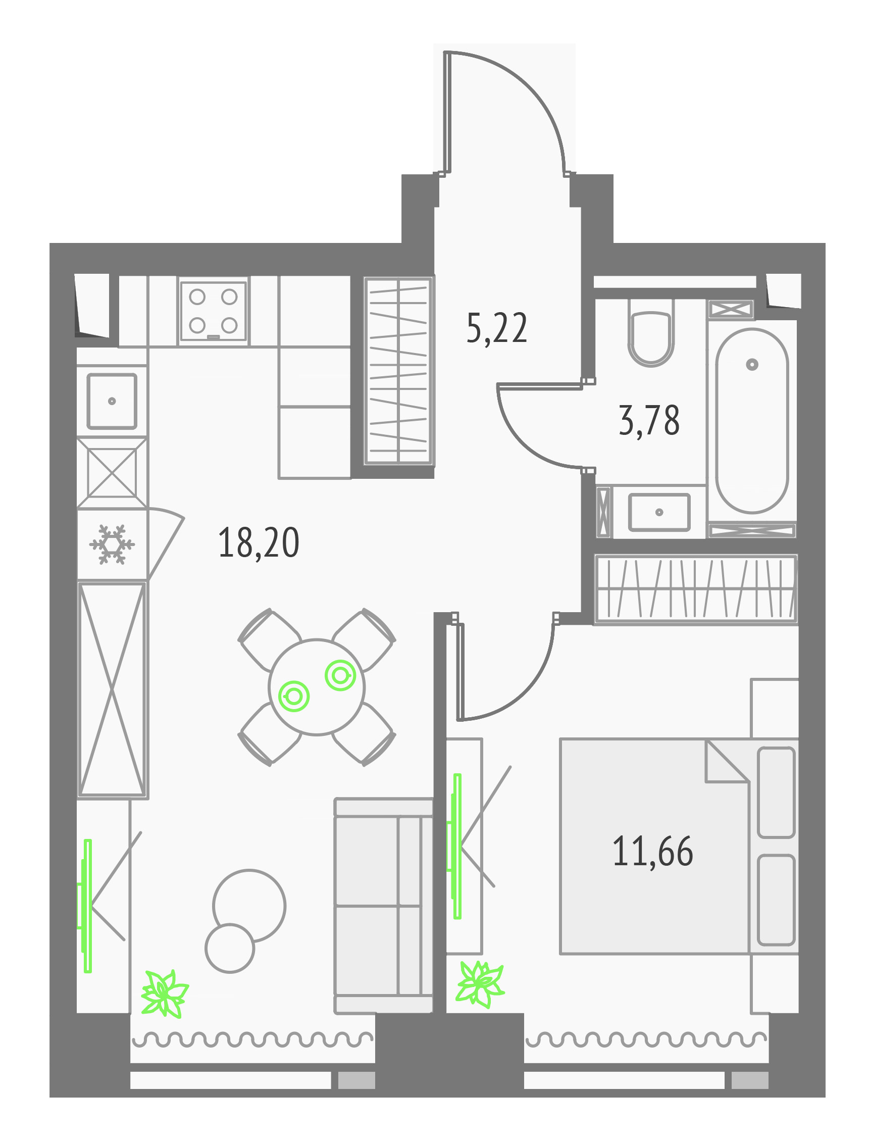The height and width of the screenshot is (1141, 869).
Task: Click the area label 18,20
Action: pos(259,543)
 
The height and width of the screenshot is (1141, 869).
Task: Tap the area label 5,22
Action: pos(496,328)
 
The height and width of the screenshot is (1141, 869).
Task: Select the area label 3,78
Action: pos(649,421)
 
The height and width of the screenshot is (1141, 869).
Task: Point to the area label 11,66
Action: pos(653,851)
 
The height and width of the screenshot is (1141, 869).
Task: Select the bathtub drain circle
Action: pos(752,365)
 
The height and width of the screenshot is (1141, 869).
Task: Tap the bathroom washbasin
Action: pos(659,512)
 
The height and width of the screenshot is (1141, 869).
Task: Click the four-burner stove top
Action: pos(213,311)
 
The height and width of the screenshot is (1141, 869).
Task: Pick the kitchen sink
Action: pos(112,401)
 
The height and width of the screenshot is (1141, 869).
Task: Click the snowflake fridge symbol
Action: pos(112,544)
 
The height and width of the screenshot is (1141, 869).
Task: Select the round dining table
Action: pos(317,687)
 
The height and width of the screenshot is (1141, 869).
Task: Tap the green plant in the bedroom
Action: pos(480,984)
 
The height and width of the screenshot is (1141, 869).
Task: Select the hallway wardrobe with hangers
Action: pos(398,371)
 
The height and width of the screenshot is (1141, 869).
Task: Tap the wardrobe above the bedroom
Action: pos(696,588)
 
